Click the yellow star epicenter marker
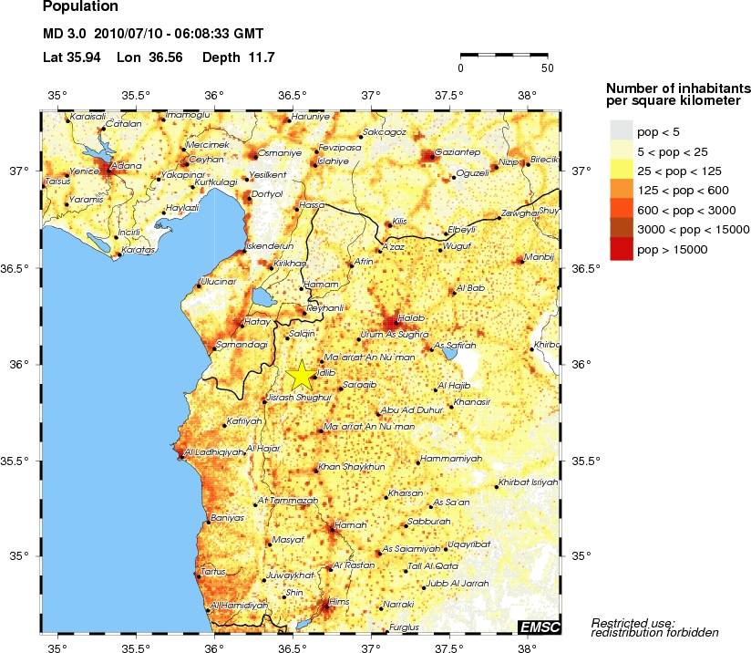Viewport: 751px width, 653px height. pos(300,375)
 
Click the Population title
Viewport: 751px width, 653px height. pos(80,7)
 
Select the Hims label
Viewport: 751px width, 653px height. pos(339,602)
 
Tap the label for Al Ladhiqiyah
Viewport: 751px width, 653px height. pos(213,451)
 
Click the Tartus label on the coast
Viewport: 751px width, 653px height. pos(211,571)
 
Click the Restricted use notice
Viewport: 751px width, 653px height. pos(654,627)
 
